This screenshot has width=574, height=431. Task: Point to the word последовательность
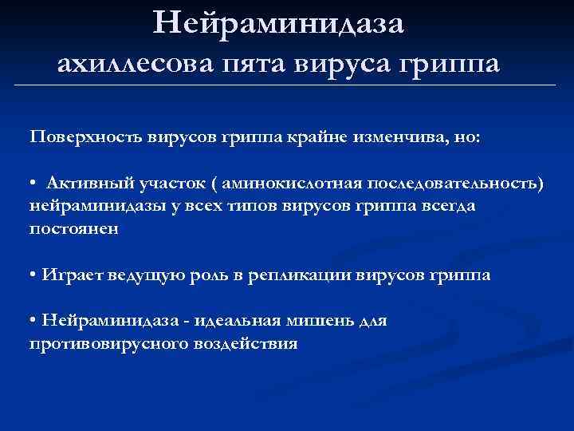[x=449, y=184]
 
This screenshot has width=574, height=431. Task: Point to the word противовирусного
[x=108, y=344]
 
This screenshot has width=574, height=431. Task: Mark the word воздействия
[x=246, y=344]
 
